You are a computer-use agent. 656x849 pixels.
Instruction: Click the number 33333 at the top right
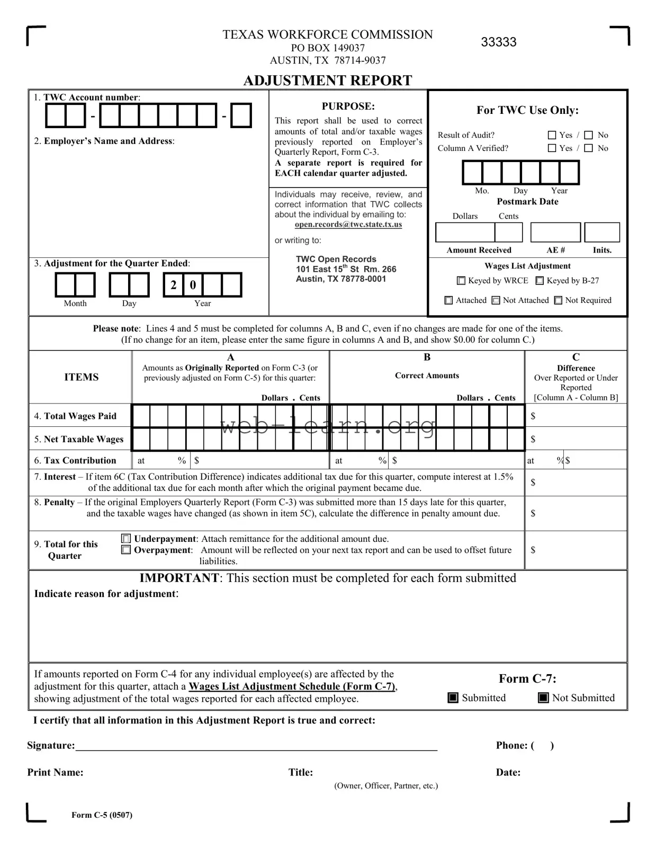click(x=498, y=42)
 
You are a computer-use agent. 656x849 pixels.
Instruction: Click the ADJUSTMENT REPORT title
click(x=327, y=81)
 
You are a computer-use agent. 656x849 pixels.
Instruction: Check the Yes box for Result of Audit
click(x=552, y=135)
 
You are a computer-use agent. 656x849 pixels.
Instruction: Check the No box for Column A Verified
click(x=588, y=148)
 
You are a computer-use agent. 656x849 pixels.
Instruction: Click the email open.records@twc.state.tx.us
click(x=348, y=225)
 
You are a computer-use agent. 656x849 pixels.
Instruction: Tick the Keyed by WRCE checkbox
click(x=461, y=281)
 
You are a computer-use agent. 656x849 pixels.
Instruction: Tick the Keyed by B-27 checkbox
click(x=540, y=281)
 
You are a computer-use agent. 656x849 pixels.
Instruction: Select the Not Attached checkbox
click(x=496, y=300)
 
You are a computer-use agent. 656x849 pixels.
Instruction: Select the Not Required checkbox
click(x=558, y=300)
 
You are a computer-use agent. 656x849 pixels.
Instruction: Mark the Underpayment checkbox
click(x=126, y=539)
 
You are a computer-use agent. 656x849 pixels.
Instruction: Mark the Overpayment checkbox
click(x=126, y=550)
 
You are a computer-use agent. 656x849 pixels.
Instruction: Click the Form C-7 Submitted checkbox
click(x=453, y=698)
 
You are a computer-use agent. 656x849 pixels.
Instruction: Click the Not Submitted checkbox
click(x=543, y=698)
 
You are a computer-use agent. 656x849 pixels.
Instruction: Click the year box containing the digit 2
click(x=174, y=285)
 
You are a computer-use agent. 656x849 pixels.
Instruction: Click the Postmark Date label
click(x=527, y=202)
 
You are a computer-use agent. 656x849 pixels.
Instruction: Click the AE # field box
click(x=555, y=233)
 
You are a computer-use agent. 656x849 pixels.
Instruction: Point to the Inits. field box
click(x=602, y=233)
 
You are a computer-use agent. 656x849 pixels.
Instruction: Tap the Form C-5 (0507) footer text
click(x=102, y=815)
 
